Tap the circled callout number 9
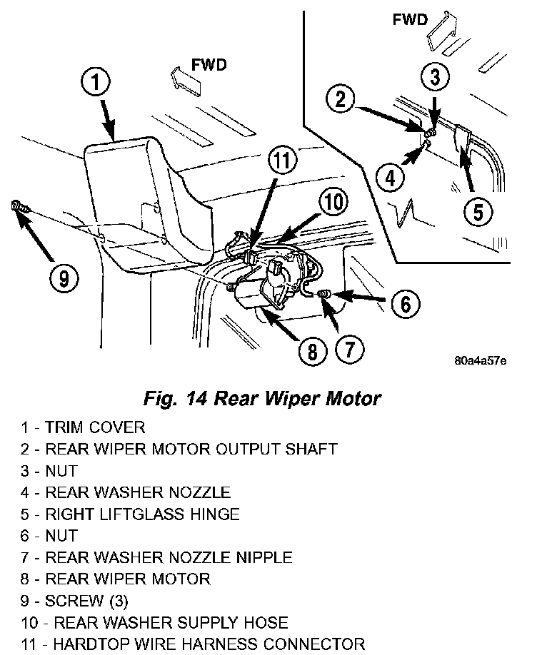point(64,279)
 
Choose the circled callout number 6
point(404,304)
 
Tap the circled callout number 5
point(478,210)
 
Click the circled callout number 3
point(435,76)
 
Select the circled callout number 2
point(341,99)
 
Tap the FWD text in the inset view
point(411,19)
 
